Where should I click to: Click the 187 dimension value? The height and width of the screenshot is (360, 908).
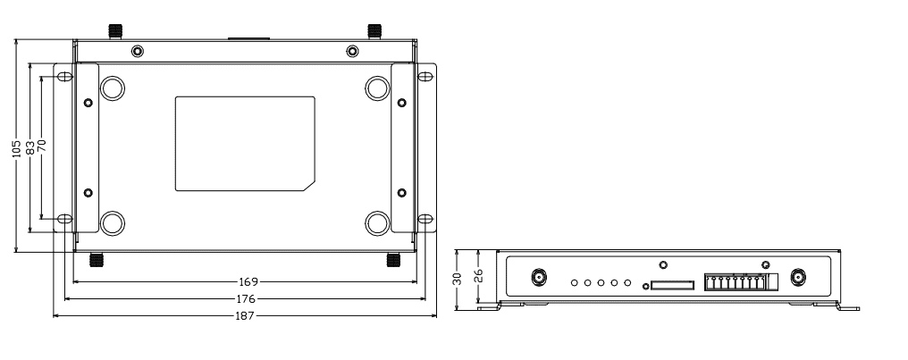pyautogui.click(x=245, y=316)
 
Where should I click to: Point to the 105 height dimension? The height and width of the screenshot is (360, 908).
pyautogui.click(x=17, y=145)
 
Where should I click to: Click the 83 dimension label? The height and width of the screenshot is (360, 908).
pyautogui.click(x=30, y=145)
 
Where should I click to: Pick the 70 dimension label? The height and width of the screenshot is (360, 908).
pyautogui.click(x=41, y=145)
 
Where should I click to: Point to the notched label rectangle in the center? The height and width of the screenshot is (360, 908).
pyautogui.click(x=244, y=143)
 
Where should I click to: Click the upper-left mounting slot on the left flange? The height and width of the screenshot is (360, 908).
pyautogui.click(x=64, y=77)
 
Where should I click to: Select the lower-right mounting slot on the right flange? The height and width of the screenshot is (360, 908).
pyautogui.click(x=425, y=219)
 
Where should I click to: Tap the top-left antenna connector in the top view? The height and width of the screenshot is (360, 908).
pyautogui.click(x=114, y=29)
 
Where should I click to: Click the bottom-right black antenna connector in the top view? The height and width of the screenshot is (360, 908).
pyautogui.click(x=392, y=260)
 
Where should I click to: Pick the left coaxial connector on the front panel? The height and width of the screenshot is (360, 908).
pyautogui.click(x=540, y=278)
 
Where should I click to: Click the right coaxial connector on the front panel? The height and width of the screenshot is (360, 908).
pyautogui.click(x=796, y=278)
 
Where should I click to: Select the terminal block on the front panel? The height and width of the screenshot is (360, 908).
pyautogui.click(x=735, y=282)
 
